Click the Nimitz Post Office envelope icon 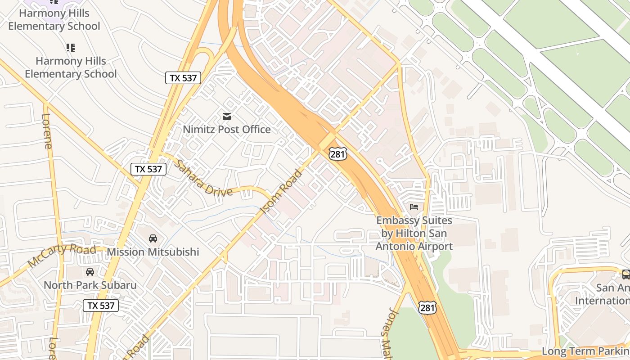(227, 117)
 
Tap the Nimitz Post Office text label (227, 130)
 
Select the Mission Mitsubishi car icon (153, 238)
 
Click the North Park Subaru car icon (90, 272)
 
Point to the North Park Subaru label (90, 285)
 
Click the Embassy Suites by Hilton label (414, 234)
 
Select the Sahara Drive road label (203, 179)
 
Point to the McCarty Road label (62, 256)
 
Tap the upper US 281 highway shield (337, 154)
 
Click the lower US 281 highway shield (427, 308)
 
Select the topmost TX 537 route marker (183, 78)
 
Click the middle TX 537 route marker (148, 169)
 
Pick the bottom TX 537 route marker (101, 306)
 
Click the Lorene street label (47, 131)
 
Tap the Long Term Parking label (585, 351)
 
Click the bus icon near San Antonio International (625, 274)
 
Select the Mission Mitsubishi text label (153, 252)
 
